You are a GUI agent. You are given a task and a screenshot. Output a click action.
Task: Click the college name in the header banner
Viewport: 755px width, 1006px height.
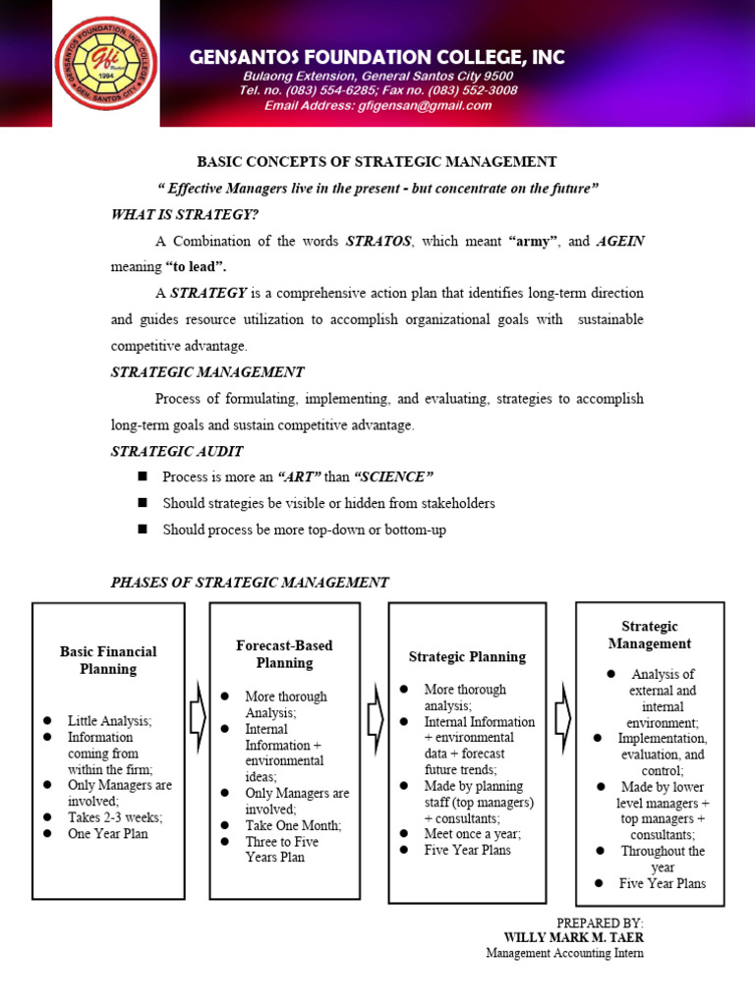click(377, 58)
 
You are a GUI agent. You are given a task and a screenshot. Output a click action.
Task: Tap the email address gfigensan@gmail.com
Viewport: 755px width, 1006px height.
click(377, 106)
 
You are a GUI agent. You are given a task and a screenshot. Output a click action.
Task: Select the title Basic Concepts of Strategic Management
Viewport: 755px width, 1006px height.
click(377, 162)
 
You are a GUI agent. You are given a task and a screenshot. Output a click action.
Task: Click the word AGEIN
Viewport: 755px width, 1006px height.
click(620, 241)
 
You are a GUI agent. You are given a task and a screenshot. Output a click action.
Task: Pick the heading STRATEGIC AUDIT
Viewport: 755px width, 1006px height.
click(176, 451)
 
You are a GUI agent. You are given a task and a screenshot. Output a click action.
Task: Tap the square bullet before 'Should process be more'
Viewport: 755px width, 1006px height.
click(143, 530)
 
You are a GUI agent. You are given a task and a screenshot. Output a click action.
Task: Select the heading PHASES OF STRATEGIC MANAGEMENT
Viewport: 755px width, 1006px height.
click(250, 583)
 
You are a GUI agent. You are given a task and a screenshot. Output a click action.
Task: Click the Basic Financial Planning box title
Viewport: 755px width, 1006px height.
click(108, 660)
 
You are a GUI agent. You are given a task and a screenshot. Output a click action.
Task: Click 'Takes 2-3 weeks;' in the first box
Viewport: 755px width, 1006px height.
click(114, 817)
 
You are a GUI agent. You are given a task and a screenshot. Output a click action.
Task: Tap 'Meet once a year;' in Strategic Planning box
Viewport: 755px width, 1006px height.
click(473, 833)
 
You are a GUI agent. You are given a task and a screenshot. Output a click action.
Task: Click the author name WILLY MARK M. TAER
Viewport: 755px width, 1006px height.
click(573, 937)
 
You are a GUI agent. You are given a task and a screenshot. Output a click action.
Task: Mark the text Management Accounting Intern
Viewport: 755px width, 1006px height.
click(564, 953)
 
